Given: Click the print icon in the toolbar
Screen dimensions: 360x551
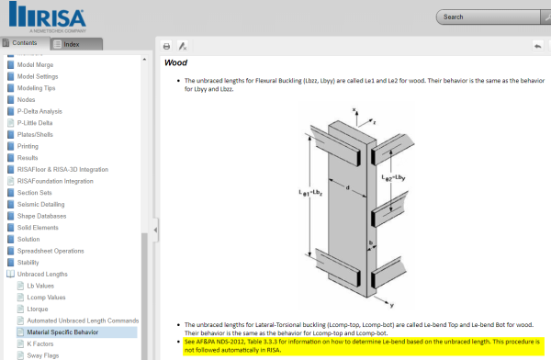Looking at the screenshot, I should click(x=166, y=46).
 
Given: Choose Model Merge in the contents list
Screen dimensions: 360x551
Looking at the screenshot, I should click(x=38, y=64).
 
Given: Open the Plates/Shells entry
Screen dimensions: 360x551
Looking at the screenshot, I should click(x=37, y=134).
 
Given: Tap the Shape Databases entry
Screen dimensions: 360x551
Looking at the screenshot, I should click(x=43, y=216).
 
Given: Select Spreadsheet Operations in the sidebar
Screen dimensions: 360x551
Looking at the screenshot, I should click(x=51, y=251).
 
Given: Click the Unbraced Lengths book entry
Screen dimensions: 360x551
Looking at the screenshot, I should click(x=42, y=274).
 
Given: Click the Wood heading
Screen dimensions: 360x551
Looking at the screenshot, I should click(x=175, y=62).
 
